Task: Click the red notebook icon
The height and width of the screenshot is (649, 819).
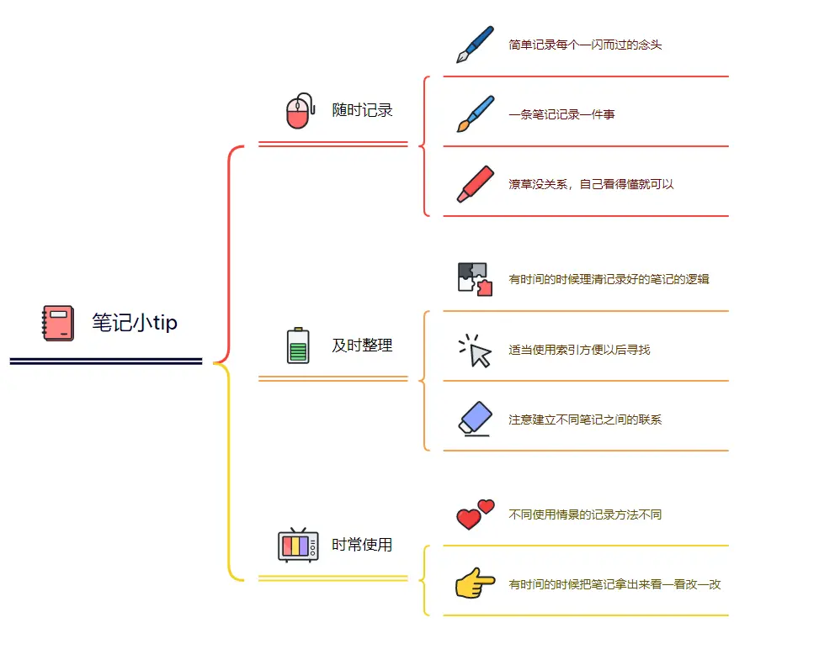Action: [x=58, y=324]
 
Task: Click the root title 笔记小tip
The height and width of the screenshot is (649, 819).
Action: [x=135, y=323]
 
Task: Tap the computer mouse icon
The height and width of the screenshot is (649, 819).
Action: [x=299, y=111]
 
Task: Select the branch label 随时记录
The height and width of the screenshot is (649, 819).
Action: [x=362, y=110]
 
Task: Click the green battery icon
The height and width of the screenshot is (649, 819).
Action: [x=298, y=346]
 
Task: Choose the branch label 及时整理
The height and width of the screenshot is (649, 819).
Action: [x=362, y=346]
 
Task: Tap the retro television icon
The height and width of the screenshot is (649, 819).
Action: [x=298, y=545]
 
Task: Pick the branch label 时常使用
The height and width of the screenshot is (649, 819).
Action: [x=362, y=545]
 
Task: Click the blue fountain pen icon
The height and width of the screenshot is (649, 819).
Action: [x=475, y=45]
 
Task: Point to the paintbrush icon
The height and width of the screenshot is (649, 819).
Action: [x=475, y=113]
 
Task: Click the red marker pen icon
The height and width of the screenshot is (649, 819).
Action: [x=475, y=183]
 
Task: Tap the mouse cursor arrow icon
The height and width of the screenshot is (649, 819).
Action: [x=475, y=350]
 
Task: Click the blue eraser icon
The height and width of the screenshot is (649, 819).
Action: [x=475, y=419]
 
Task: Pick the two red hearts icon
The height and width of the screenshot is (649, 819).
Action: [x=475, y=514]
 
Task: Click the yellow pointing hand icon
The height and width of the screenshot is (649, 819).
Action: [x=475, y=583]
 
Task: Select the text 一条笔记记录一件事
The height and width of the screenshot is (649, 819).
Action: [x=561, y=114]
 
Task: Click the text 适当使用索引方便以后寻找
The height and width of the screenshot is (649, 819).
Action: [x=579, y=350]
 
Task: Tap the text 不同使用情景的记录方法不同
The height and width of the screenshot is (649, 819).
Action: [x=585, y=514]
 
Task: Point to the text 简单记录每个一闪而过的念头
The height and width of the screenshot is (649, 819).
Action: [x=585, y=45]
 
